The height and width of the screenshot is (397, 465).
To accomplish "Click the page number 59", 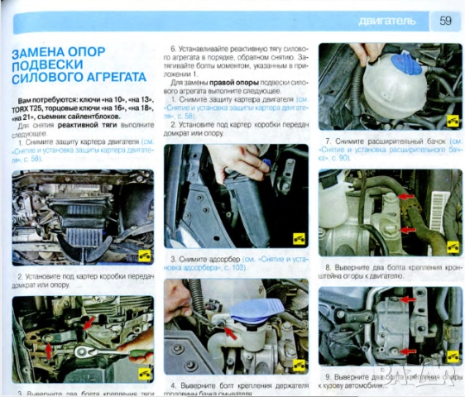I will [445, 20].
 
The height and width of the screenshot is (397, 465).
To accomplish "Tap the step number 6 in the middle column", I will [173, 49].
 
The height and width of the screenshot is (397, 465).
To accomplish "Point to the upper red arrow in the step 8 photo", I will [405, 198].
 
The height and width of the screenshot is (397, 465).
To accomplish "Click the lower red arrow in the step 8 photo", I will [405, 229].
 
